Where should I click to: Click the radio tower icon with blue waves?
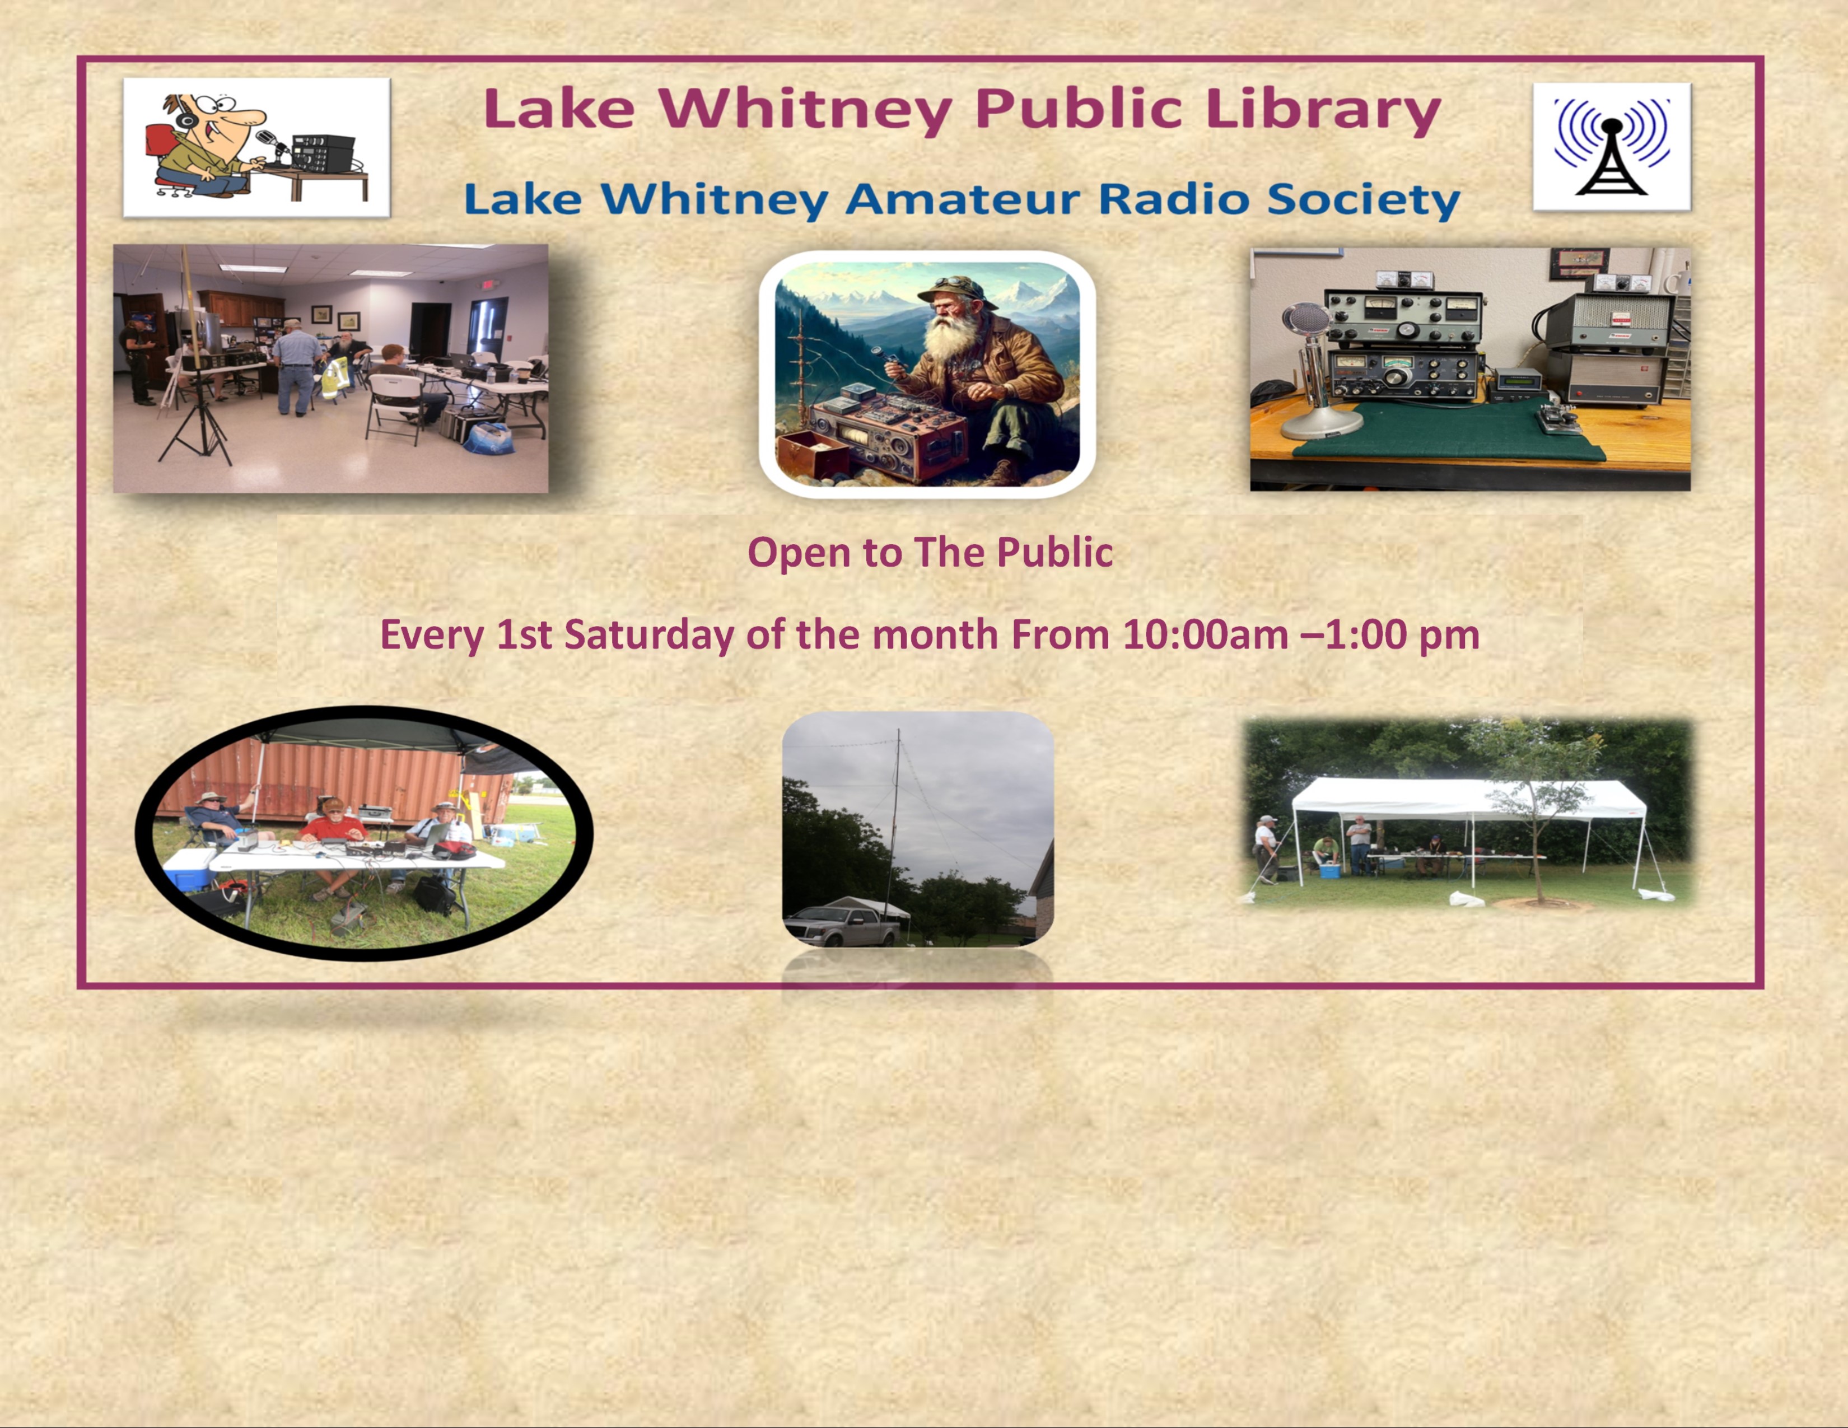[1611, 146]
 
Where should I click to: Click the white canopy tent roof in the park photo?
[1469, 798]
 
